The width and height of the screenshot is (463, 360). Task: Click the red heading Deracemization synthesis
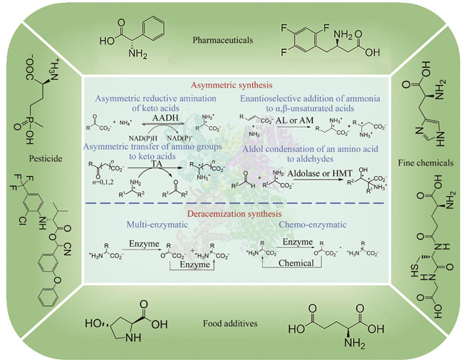pos(234,213)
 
